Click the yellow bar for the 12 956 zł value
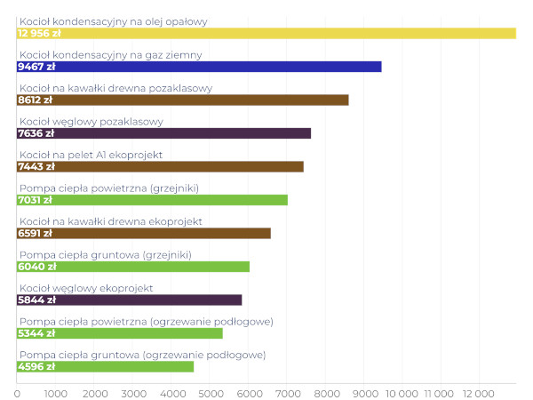tap(266, 33)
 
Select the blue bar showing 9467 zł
tap(199, 67)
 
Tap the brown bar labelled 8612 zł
tap(183, 100)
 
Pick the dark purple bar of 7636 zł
tap(164, 133)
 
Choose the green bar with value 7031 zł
tap(152, 200)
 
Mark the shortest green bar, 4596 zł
tap(105, 366)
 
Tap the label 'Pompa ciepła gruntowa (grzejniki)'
tap(105, 255)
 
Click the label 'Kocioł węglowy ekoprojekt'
tap(86, 288)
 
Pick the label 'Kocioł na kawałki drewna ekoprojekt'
tap(111, 221)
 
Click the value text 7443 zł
tap(36, 166)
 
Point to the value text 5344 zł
tap(36, 333)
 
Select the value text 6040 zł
tap(36, 267)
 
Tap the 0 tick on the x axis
tap(18, 391)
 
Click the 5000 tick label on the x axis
tap(210, 391)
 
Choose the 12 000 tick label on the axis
tap(479, 391)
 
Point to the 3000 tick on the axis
tap(133, 391)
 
